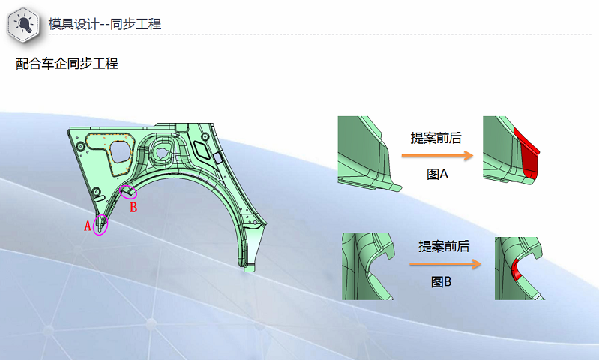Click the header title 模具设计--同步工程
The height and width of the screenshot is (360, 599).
104,24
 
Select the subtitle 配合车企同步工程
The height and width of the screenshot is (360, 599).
67,64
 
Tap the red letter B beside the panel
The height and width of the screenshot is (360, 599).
133,208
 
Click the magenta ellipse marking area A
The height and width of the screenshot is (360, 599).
101,224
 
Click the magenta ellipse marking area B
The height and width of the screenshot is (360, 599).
128,192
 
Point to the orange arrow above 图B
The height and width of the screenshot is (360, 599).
445,264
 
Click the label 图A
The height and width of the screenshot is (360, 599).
437,175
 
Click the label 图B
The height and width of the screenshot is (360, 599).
441,283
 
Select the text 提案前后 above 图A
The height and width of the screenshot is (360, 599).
436,138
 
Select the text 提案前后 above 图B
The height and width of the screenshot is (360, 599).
444,246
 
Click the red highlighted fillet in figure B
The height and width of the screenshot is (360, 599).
517,268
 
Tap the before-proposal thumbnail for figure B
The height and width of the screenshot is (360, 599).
367,266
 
